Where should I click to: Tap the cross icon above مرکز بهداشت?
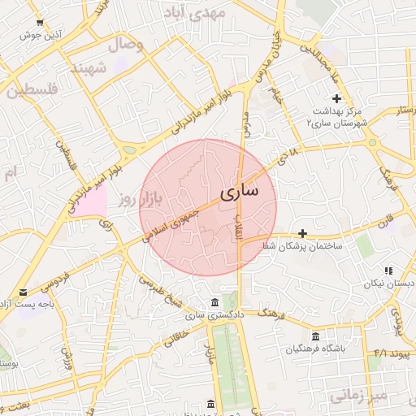pyautogui.click(x=337, y=98)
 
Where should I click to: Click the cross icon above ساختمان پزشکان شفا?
pyautogui.click(x=303, y=233)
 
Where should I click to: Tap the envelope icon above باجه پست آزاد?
pyautogui.click(x=23, y=292)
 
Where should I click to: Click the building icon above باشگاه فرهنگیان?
pyautogui.click(x=315, y=336)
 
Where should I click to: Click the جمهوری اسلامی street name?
pyautogui.click(x=173, y=220)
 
